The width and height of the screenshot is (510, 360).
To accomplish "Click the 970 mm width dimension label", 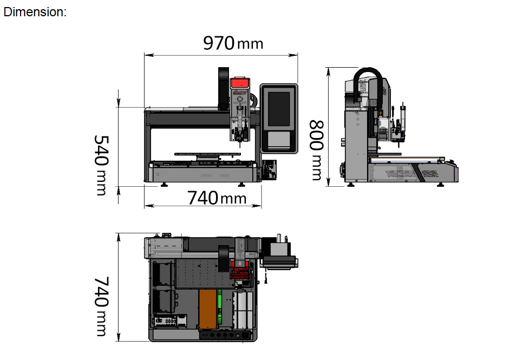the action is [x=233, y=43].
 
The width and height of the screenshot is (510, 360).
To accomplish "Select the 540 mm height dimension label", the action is [x=101, y=165].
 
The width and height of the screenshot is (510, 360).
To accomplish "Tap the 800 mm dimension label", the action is [x=316, y=150].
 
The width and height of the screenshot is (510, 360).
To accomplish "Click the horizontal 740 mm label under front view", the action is [x=217, y=198].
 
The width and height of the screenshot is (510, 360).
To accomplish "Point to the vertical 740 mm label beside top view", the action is [x=101, y=306].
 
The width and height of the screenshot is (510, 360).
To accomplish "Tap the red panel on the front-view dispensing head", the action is [x=240, y=83].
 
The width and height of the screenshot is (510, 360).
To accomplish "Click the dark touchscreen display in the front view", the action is [x=279, y=109].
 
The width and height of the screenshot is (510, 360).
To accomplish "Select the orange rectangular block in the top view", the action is [x=207, y=309].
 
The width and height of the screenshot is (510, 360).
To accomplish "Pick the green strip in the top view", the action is [x=220, y=307].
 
